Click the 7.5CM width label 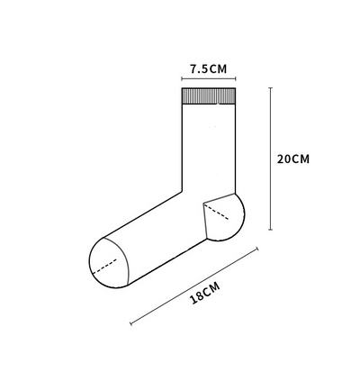pyautogui.click(x=209, y=69)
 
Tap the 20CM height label pyautogui.click(x=292, y=159)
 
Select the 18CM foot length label pyautogui.click(x=205, y=293)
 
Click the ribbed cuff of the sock pyautogui.click(x=209, y=96)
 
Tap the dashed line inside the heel pyautogui.click(x=216, y=212)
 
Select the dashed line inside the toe pyautogui.click(x=104, y=267)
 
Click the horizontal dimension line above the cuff pyautogui.click(x=209, y=79)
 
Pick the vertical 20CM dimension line pyautogui.click(x=271, y=159)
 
